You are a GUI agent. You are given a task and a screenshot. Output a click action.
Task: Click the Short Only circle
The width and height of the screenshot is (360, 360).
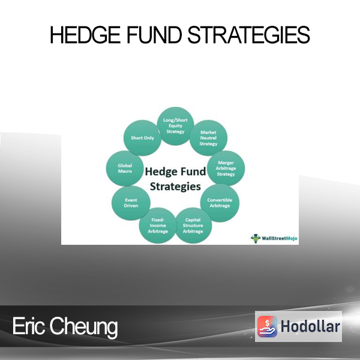142,138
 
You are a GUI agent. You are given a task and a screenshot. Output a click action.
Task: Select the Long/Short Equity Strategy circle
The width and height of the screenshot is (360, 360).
175,126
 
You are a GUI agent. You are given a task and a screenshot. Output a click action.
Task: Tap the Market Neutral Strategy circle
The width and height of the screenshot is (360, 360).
208,138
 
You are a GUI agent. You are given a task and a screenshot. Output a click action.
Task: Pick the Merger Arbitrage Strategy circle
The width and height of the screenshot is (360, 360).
226,168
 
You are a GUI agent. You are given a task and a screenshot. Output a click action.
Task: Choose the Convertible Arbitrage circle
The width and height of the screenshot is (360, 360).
220,203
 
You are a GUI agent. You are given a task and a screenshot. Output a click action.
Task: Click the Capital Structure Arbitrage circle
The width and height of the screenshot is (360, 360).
193,226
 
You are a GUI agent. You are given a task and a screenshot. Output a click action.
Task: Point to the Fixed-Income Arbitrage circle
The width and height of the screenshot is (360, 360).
158,226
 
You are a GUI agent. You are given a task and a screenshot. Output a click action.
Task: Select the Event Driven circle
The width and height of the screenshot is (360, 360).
131,203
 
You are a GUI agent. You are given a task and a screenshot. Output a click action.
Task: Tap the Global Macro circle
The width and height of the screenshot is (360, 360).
125,168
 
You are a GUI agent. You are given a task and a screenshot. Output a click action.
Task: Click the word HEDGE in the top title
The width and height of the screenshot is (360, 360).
85,35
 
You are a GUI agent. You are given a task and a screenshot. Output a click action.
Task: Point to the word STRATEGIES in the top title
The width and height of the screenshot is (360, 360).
249,35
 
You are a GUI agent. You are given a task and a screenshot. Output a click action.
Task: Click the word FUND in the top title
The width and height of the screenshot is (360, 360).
154,35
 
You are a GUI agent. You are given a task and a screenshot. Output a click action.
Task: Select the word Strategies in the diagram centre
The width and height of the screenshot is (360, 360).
175,187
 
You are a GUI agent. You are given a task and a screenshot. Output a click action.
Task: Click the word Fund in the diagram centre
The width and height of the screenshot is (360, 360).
191,171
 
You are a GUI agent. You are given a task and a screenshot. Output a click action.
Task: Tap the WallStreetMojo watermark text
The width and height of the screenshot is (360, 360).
280,238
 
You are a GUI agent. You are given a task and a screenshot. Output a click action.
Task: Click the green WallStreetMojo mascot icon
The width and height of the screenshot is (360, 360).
256,238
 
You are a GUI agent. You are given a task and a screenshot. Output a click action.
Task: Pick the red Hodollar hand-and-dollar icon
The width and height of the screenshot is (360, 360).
267,326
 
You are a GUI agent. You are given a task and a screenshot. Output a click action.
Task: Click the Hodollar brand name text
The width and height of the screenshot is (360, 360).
310,326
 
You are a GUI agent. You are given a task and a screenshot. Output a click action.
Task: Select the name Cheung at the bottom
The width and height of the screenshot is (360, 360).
84,327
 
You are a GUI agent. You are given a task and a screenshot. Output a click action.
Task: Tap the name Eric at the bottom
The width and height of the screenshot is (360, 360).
28,326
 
